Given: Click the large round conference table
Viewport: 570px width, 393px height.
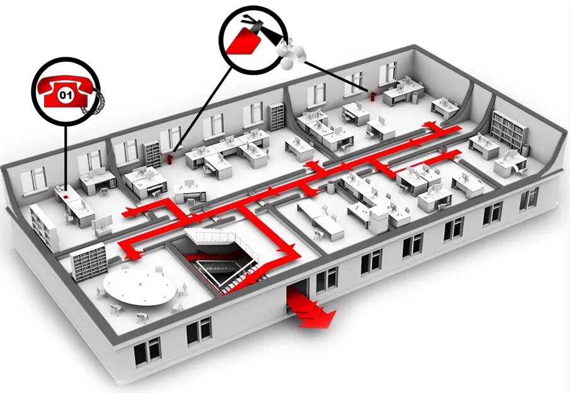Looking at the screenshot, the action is tap(139, 286).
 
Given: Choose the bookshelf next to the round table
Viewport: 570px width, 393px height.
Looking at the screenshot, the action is tap(88, 260).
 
